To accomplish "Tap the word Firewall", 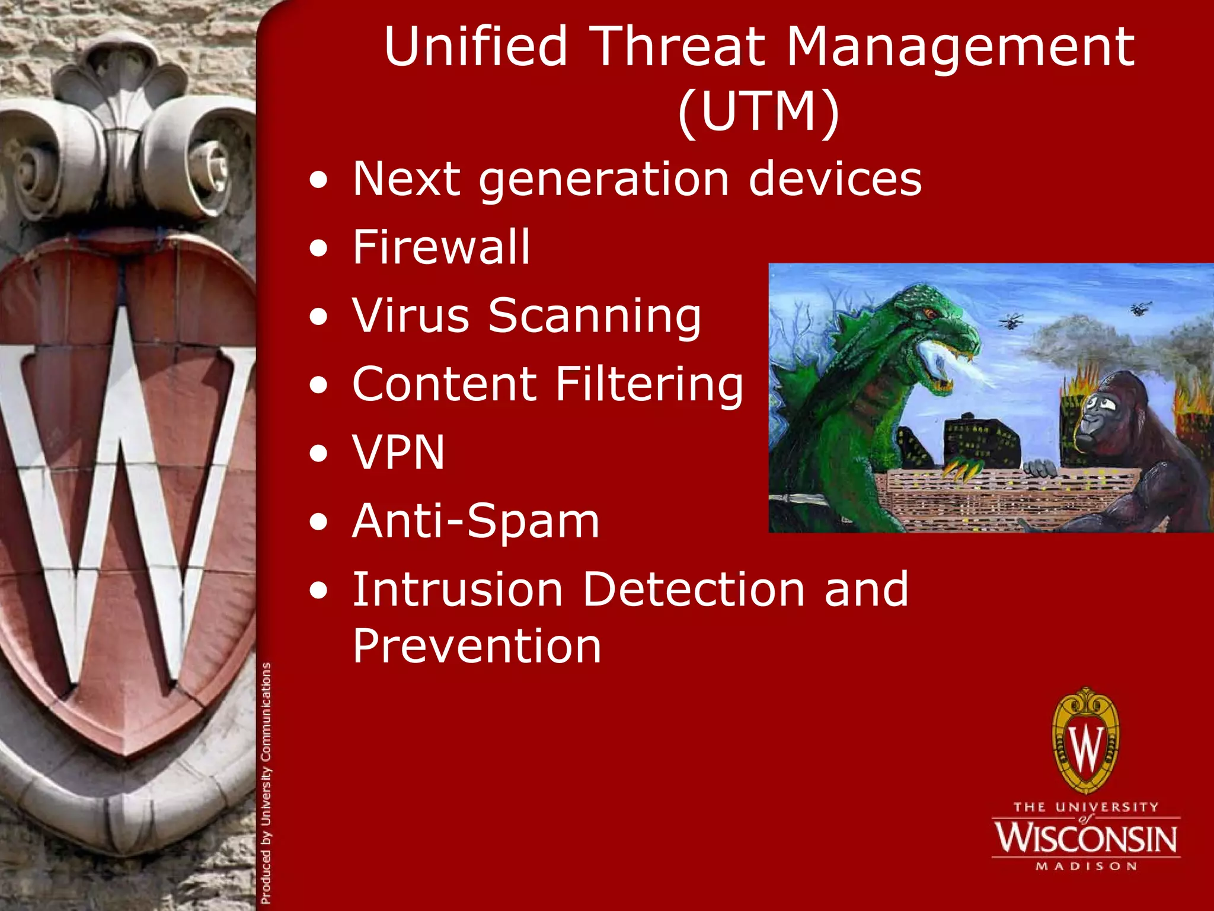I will tap(441, 247).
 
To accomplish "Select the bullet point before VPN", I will tap(319, 453).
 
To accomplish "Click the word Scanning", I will tap(595, 316).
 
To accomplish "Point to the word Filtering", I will tap(648, 384).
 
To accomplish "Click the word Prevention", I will tap(477, 646).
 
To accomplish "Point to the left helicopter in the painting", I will tap(1011, 322).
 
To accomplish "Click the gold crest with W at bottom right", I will tap(1086, 741).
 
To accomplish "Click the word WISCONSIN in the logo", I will tap(1086, 838).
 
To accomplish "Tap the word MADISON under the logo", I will tap(1086, 867).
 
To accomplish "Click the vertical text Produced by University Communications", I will tap(266, 783).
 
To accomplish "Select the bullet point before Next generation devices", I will tap(319, 179).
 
